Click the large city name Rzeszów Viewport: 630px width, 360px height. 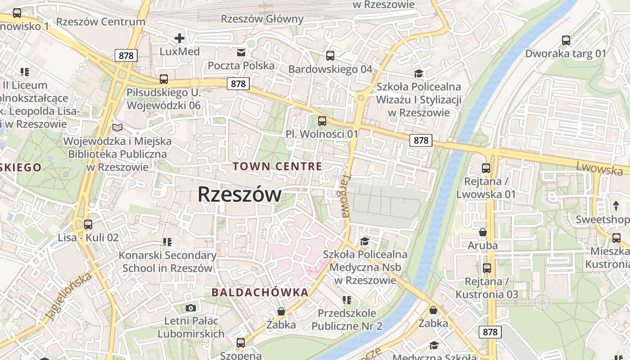pyautogui.click(x=239, y=194)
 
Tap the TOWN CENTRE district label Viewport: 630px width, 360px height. pyautogui.click(x=277, y=166)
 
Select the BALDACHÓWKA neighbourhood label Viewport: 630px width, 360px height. pyautogui.click(x=260, y=292)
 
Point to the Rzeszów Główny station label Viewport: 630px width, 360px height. pyautogui.click(x=262, y=19)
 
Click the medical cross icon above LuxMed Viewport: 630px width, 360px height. pyautogui.click(x=180, y=38)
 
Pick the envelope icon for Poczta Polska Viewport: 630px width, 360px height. pyautogui.click(x=241, y=53)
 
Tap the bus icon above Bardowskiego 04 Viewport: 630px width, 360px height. pyautogui.click(x=330, y=56)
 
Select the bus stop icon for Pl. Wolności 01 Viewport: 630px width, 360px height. pyautogui.click(x=322, y=121)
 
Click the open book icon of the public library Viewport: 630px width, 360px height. pyautogui.click(x=117, y=128)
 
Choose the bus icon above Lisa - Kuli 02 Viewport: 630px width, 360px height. pyautogui.click(x=88, y=224)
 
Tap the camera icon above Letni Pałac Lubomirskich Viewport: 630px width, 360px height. pyautogui.click(x=191, y=308)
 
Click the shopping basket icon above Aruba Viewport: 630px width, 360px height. pyautogui.click(x=483, y=232)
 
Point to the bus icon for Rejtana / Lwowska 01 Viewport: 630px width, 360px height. pyautogui.click(x=486, y=168)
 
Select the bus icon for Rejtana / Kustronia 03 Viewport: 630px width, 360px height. pyautogui.click(x=487, y=268)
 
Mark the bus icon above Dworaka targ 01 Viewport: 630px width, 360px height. pyautogui.click(x=566, y=40)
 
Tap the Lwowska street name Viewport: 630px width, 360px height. pyautogui.click(x=599, y=168)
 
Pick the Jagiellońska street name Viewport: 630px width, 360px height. pyautogui.click(x=69, y=297)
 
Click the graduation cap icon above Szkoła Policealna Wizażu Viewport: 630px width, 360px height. pyautogui.click(x=419, y=73)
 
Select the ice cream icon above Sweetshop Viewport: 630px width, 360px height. pyautogui.click(x=616, y=206)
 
